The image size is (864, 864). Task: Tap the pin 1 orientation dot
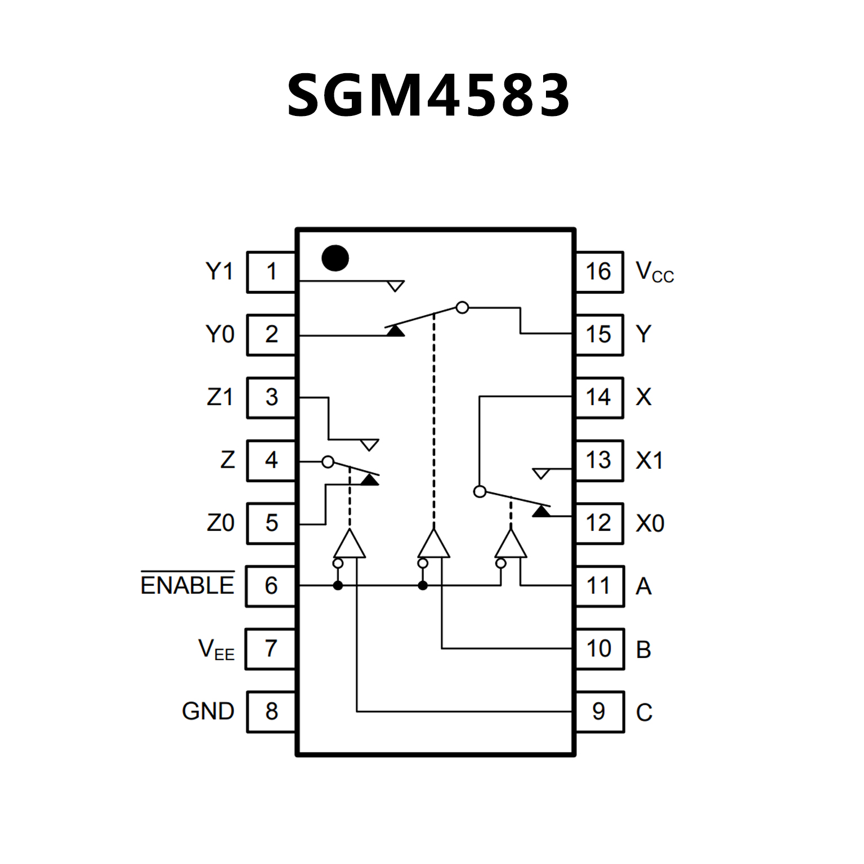(x=335, y=258)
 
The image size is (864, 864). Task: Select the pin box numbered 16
(x=599, y=272)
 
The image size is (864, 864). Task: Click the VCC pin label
(x=654, y=272)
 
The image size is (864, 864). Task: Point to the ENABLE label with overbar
(x=187, y=585)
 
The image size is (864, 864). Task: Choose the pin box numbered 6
(x=271, y=586)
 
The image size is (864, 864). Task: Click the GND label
(x=208, y=711)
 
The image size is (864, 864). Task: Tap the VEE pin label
(x=216, y=649)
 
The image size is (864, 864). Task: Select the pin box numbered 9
(x=599, y=711)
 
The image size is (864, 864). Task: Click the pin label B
(x=643, y=650)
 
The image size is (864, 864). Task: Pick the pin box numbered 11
(x=599, y=586)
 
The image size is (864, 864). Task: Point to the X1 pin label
(x=650, y=461)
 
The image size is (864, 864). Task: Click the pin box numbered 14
(x=599, y=397)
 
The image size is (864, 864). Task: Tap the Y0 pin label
(x=220, y=334)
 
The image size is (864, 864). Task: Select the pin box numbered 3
(x=271, y=397)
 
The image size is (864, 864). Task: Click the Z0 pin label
(x=220, y=523)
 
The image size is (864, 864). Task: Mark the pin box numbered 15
(x=599, y=334)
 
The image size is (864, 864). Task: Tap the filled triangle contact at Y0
(x=396, y=330)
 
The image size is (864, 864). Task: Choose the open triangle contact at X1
(x=541, y=473)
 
